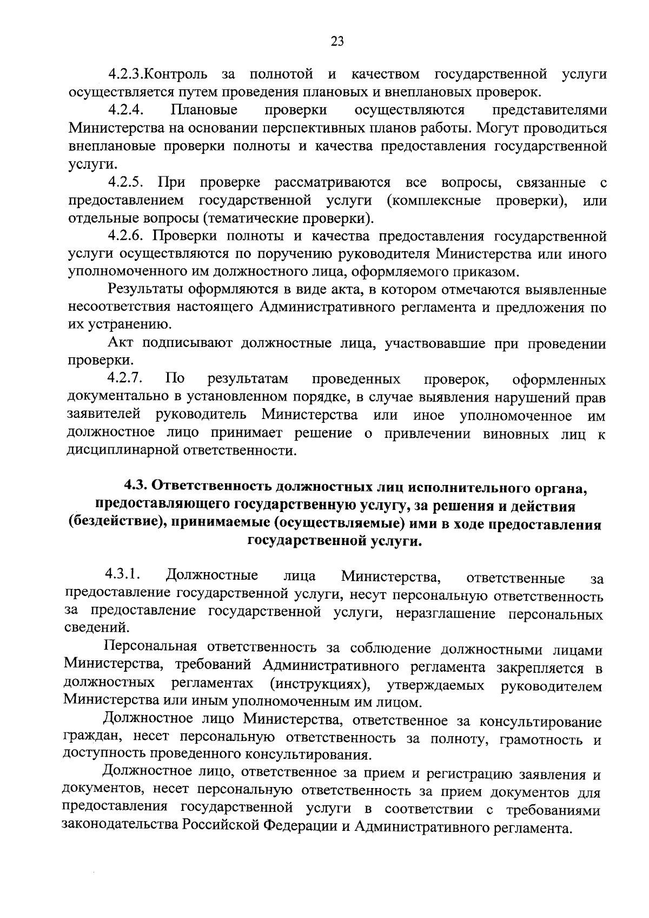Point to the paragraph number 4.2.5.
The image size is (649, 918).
(x=125, y=182)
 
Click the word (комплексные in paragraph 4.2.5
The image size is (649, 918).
(x=433, y=201)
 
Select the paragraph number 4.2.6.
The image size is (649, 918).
(x=125, y=237)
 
